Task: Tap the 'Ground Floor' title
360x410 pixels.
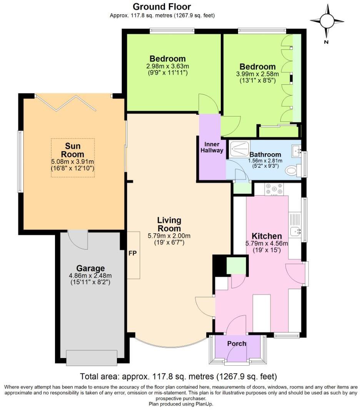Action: click(x=162, y=7)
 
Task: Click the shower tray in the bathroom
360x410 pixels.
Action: click(x=239, y=149)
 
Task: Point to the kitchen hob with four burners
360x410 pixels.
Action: click(x=274, y=189)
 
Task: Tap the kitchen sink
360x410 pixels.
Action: click(x=295, y=231)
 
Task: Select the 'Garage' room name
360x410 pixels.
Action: click(x=90, y=268)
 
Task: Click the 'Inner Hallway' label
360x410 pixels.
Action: click(x=212, y=147)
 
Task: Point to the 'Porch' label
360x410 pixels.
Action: click(x=237, y=343)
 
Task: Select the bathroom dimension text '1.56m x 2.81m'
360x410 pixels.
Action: click(x=267, y=161)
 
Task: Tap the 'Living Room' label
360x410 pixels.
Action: click(x=169, y=224)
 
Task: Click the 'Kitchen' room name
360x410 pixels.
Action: click(x=267, y=236)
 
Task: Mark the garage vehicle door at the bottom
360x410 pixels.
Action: click(x=92, y=358)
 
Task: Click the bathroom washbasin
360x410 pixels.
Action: click(x=296, y=149)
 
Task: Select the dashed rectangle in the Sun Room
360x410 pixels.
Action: click(x=73, y=158)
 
